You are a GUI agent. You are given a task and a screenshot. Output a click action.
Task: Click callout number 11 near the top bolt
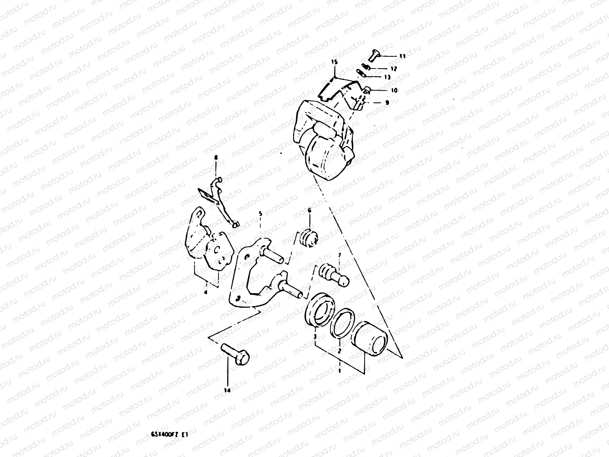pos(402,56)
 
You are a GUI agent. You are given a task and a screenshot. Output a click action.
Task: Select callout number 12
pos(394,69)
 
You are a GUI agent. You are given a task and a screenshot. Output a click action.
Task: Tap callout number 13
pos(387,77)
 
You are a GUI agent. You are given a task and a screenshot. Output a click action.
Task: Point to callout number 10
pos(394,91)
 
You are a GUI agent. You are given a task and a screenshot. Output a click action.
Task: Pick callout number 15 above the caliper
pos(334,62)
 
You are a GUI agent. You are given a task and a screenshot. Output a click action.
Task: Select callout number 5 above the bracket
pos(261,214)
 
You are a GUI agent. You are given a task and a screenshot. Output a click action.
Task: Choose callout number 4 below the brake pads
pos(205,292)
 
